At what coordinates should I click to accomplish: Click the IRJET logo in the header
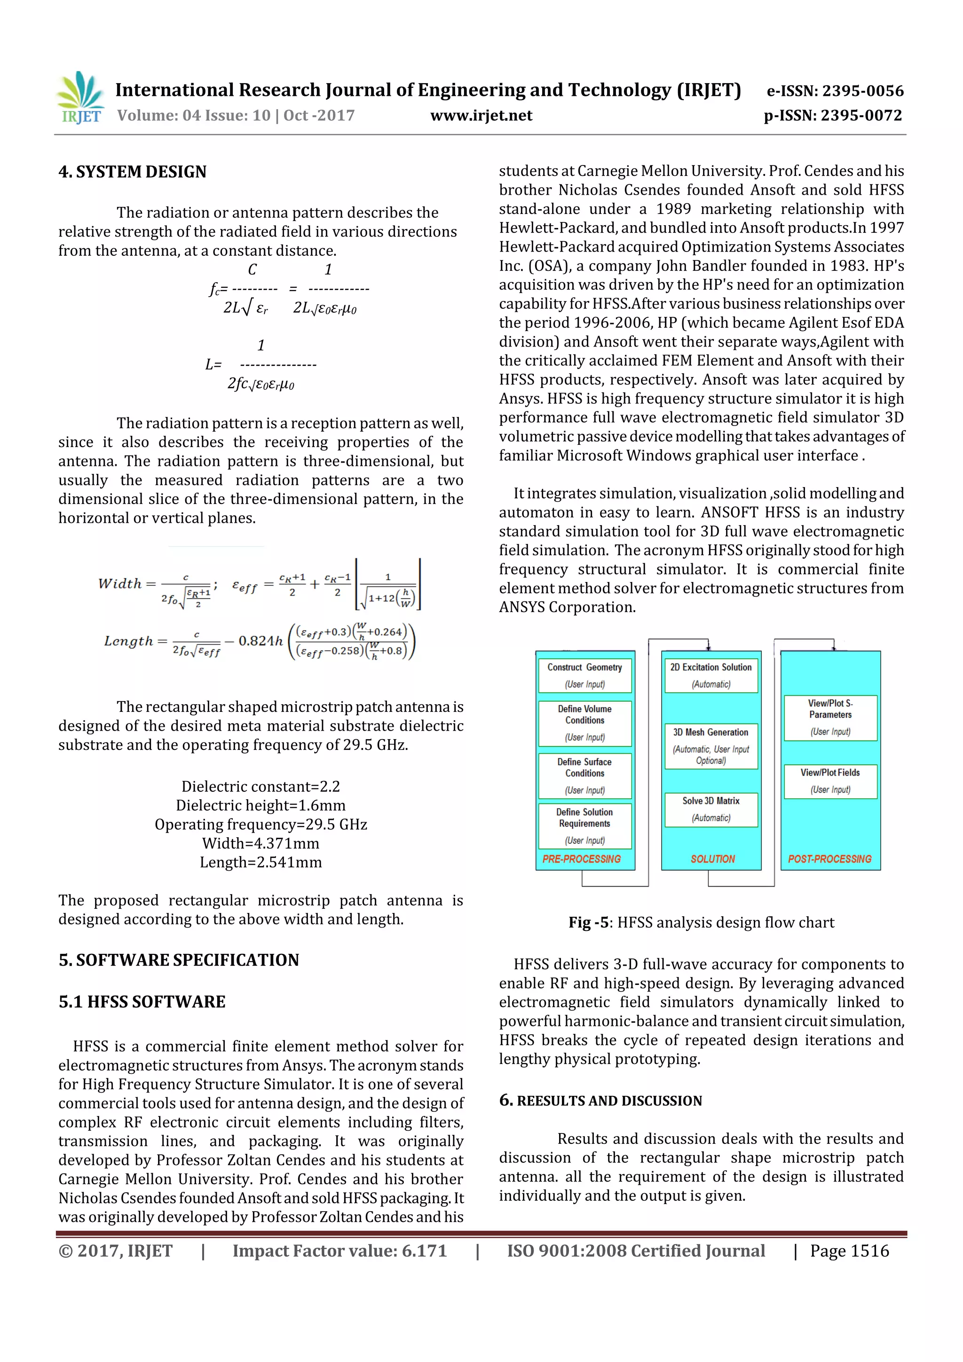tap(79, 97)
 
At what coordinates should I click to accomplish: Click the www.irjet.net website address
tap(481, 115)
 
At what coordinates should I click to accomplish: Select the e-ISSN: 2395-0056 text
tap(835, 91)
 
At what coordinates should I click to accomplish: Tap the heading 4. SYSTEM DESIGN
tap(132, 172)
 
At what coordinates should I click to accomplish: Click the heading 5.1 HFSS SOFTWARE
tap(142, 1001)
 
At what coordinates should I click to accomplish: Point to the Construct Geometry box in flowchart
tap(584, 675)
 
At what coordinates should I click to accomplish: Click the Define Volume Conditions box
tap(584, 723)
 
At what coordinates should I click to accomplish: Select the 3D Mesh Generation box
tap(711, 746)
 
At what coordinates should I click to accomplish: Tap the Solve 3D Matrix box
tap(711, 809)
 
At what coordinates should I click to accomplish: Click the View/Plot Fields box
tap(830, 780)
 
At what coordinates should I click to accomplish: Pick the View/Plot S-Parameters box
tap(830, 717)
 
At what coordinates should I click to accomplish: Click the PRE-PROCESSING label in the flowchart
tap(582, 859)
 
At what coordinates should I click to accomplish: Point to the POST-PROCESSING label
tap(829, 859)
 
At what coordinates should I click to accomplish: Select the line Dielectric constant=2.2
tap(260, 787)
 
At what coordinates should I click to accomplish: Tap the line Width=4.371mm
tap(260, 843)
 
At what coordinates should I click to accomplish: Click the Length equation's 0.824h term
tap(260, 641)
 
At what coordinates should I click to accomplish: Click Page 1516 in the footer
tap(849, 1251)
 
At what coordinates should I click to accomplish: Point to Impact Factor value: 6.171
tap(339, 1251)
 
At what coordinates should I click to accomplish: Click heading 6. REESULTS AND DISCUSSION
tap(600, 1101)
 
